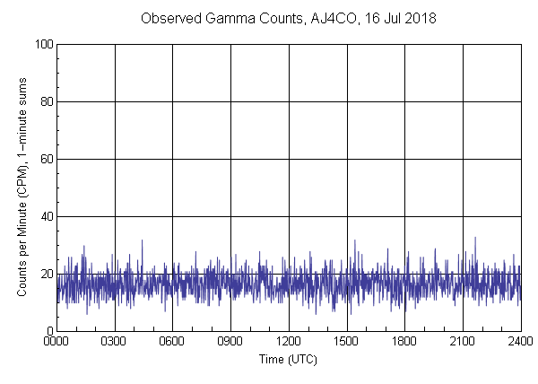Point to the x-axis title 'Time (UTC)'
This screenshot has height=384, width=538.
pyautogui.click(x=288, y=359)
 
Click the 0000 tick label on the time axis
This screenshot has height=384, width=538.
pyautogui.click(x=56, y=342)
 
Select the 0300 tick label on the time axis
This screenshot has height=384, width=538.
pyautogui.click(x=115, y=342)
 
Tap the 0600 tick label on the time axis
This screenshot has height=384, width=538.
pyautogui.click(x=172, y=342)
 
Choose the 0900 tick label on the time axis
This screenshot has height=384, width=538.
pyautogui.click(x=230, y=342)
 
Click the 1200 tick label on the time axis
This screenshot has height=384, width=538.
pyautogui.click(x=289, y=342)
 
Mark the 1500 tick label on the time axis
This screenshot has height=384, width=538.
pyautogui.click(x=346, y=342)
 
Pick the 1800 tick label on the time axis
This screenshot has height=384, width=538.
pyautogui.click(x=404, y=342)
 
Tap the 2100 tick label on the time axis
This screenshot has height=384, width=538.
pyautogui.click(x=463, y=342)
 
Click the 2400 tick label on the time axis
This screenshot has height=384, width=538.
pyautogui.click(x=519, y=342)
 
